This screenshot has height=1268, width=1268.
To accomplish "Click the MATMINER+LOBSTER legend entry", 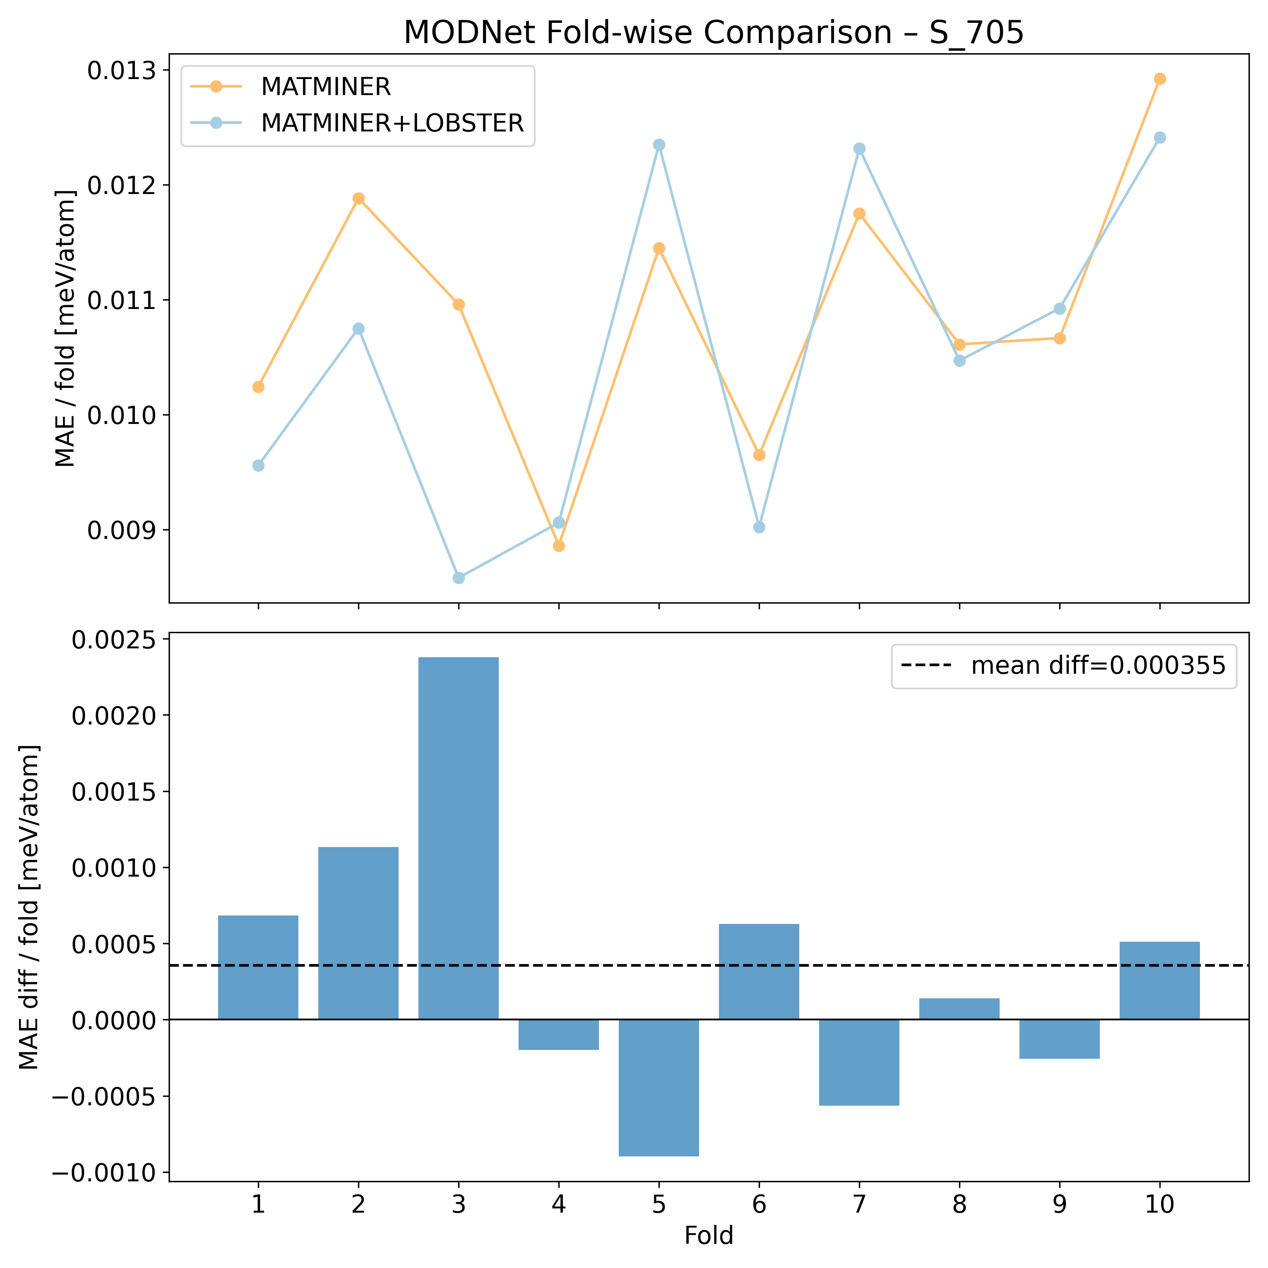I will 392,123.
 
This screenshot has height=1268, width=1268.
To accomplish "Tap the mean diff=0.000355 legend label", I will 1098,666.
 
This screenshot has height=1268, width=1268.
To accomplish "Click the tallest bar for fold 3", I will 458,838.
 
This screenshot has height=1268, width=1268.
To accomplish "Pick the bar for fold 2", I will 358,933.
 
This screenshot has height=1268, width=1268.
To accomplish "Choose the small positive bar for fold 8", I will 959,1009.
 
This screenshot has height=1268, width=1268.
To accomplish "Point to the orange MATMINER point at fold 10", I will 1160,79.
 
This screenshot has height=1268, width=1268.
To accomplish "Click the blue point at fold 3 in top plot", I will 459,577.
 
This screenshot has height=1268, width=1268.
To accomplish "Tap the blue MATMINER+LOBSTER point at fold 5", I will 659,145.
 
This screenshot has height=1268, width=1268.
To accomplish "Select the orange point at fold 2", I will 358,198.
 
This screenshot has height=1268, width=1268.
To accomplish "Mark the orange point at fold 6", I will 760,455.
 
